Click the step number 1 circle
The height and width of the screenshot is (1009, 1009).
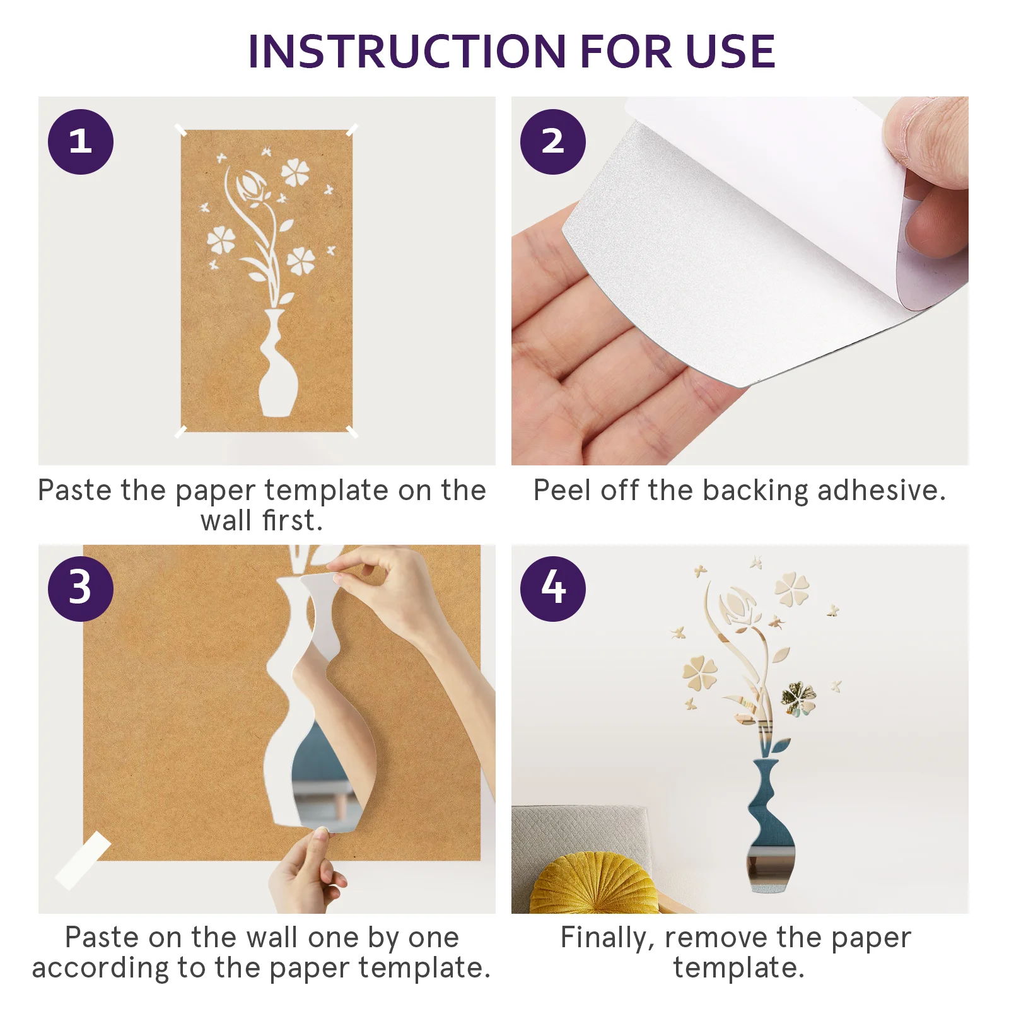click(81, 142)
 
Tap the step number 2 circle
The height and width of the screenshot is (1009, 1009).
click(553, 142)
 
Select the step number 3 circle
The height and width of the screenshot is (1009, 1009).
click(81, 589)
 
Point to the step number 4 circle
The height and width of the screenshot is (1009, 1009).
click(553, 589)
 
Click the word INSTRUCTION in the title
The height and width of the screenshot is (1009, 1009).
click(407, 52)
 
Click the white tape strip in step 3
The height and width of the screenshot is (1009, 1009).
click(83, 860)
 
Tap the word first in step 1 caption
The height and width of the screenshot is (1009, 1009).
click(293, 521)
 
